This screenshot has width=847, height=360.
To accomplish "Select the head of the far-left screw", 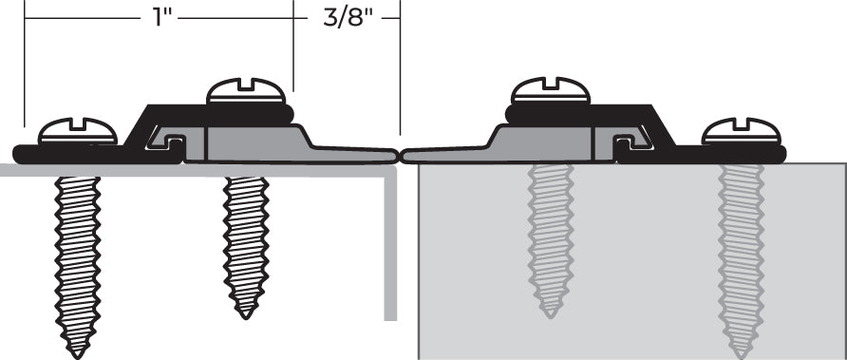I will [x=77, y=132].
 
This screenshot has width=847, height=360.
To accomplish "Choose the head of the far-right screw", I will [x=741, y=132].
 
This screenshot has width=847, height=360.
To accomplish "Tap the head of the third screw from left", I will [x=551, y=91].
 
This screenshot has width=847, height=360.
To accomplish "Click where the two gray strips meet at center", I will [x=400, y=154].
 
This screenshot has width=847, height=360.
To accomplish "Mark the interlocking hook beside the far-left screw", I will [x=171, y=142].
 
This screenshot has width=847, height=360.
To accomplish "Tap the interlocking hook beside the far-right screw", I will [x=628, y=143].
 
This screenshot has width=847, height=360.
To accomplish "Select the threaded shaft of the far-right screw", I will [x=741, y=256].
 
